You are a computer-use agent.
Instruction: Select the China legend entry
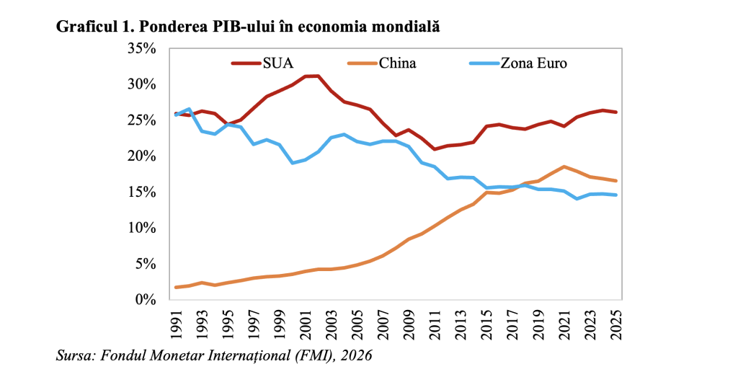[396, 63]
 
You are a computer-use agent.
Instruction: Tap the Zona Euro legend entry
[533, 63]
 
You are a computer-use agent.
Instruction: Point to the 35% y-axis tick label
[141, 48]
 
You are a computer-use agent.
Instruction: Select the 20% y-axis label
[141, 156]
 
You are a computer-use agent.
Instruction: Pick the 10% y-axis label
[141, 228]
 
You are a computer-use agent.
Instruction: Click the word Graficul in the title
[84, 27]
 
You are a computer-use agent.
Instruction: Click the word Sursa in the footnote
[74, 357]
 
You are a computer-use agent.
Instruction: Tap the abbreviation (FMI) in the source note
[308, 357]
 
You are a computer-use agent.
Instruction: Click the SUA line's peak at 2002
[319, 76]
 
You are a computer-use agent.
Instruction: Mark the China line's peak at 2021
[564, 167]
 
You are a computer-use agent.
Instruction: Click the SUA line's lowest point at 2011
[435, 149]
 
